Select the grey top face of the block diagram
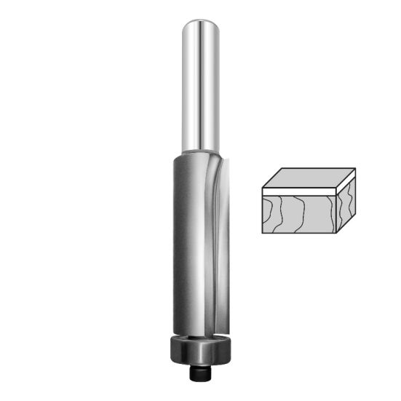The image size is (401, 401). tap(309, 178)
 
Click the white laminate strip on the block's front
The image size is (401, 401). tap(299, 194)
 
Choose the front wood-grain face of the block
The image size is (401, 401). tap(299, 214)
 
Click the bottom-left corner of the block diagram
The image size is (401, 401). tap(263, 232)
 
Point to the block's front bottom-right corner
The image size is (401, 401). tap(336, 232)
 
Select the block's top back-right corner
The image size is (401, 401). tap(354, 169)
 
